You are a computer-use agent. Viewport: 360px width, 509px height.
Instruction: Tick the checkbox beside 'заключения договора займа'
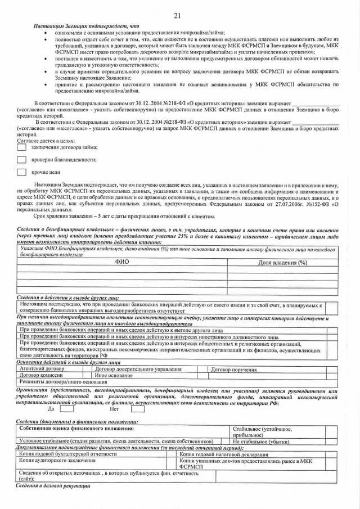click(x=21, y=147)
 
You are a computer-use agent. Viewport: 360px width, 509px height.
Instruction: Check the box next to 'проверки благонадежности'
click(x=21, y=160)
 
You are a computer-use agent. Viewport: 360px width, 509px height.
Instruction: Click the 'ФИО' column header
click(x=122, y=262)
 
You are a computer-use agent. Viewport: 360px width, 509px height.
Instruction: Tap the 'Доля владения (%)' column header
click(x=282, y=263)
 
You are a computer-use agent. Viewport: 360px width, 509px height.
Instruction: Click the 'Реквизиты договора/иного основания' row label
click(x=55, y=382)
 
